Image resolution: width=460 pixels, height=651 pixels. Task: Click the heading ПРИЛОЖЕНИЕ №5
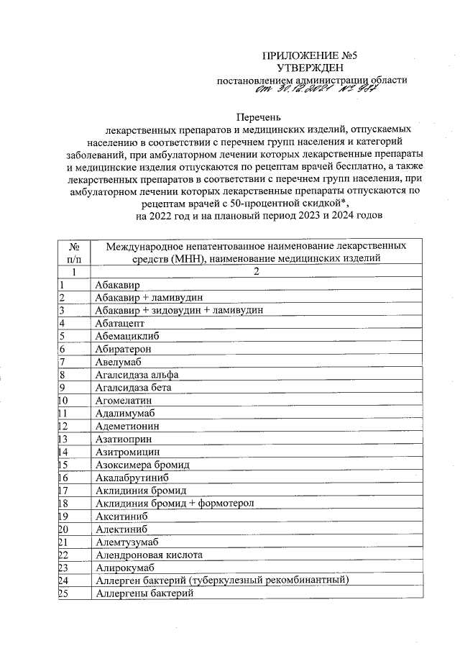310,55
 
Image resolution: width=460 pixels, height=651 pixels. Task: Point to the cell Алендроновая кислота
148,555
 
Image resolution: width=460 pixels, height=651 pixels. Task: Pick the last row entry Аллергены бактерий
144,593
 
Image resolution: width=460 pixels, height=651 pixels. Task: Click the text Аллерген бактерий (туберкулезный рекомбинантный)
221,581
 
